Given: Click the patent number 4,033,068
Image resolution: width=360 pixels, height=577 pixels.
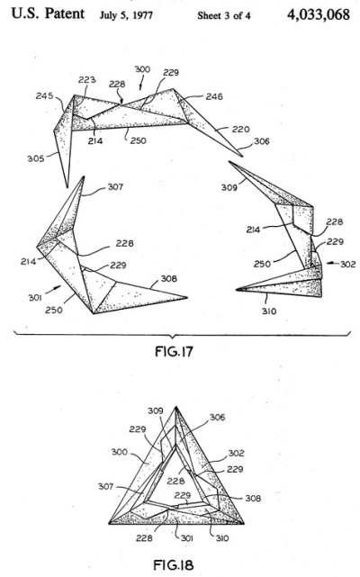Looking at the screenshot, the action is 318,14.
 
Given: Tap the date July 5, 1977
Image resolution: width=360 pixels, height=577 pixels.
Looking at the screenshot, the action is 126,15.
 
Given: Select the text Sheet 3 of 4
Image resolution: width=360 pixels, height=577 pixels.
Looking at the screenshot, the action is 224,15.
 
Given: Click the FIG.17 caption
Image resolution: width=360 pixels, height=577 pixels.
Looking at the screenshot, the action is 174,351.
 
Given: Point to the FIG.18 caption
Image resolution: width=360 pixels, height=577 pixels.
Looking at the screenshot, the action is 174,564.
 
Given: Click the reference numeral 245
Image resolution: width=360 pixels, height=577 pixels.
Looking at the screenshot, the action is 44,96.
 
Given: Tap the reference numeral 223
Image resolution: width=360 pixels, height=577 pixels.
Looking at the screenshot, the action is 87,80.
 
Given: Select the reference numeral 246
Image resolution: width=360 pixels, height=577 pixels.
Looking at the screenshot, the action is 214,96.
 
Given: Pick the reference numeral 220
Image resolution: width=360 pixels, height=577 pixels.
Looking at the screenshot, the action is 240,129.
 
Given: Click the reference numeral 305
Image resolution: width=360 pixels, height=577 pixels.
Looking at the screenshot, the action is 36,158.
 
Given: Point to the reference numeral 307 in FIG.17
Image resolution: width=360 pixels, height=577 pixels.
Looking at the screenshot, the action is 115,187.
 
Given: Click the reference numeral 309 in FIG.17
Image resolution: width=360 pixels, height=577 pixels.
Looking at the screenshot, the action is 229,187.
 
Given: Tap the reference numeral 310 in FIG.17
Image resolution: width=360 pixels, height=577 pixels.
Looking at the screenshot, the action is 269,311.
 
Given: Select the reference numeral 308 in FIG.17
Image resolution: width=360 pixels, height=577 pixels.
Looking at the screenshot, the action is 168,278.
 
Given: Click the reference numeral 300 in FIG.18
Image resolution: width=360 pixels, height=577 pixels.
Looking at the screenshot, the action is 120,452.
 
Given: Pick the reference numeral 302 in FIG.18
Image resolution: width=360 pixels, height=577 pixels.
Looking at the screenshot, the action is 236,453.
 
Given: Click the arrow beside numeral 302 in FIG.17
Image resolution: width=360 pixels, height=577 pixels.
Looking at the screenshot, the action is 332,263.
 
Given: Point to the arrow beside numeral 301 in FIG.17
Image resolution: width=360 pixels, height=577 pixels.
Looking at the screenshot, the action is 56,288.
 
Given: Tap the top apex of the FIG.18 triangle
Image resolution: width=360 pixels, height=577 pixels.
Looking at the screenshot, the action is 176,407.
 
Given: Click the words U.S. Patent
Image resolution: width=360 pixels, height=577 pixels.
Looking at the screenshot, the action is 48,14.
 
